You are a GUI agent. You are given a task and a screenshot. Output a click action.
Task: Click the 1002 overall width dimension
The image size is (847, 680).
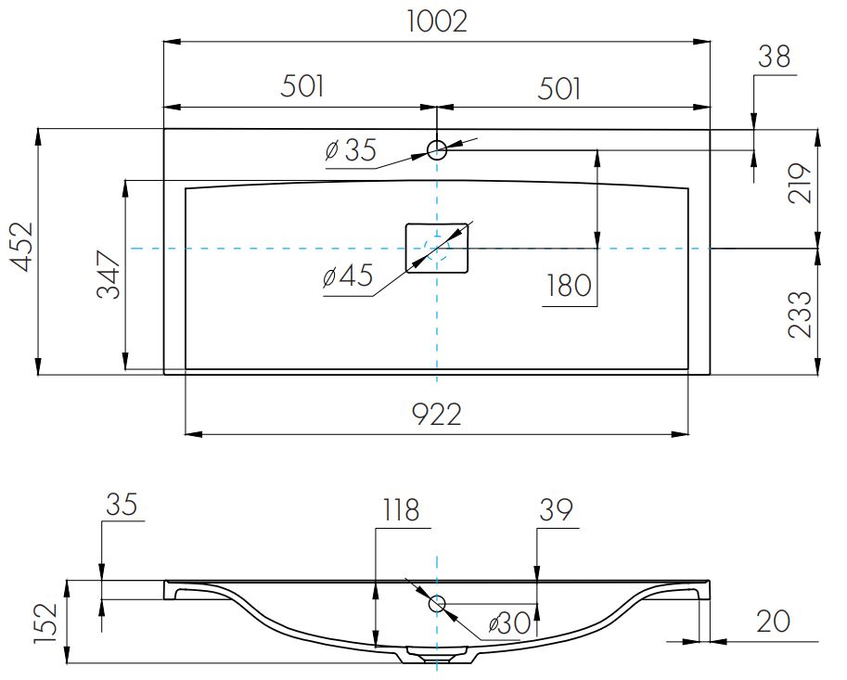point(437,22)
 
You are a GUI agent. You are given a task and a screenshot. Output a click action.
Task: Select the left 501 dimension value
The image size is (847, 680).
point(302,86)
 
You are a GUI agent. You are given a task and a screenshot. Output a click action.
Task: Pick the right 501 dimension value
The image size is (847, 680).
point(559,88)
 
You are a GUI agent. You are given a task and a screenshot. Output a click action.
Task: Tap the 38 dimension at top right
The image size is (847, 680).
point(774,57)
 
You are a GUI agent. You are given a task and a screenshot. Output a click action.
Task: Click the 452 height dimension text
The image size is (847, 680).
point(22,246)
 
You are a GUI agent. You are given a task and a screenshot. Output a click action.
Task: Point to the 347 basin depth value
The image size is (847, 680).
point(109,275)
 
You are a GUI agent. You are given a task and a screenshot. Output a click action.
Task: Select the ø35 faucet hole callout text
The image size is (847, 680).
point(351,149)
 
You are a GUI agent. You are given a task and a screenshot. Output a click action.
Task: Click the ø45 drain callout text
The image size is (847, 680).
point(349,276)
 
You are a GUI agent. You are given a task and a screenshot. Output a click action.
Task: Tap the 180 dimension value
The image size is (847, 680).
point(569,285)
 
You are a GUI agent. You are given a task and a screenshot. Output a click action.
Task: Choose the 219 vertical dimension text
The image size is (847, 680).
point(800,183)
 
